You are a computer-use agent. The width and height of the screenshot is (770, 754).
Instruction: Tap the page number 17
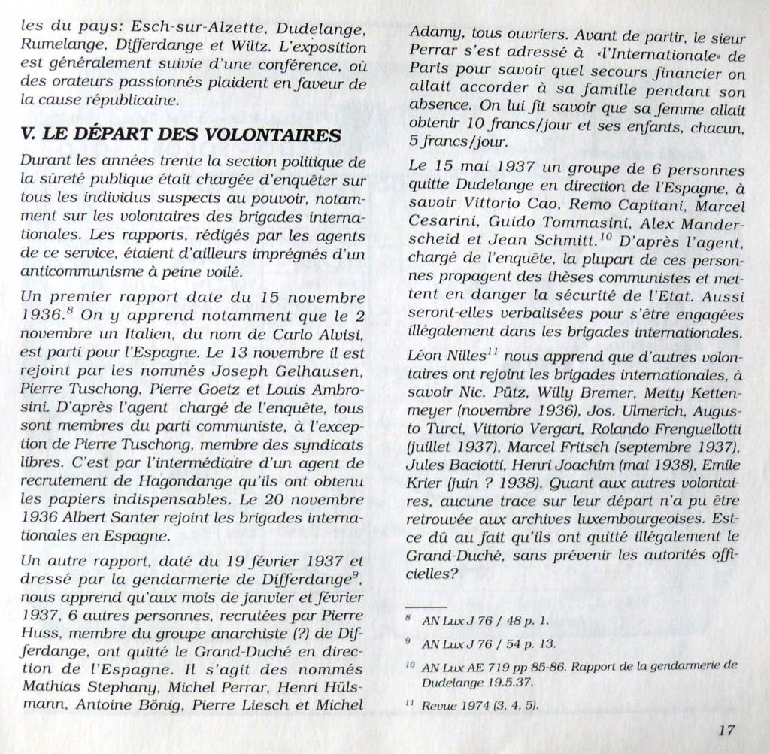click(x=726, y=729)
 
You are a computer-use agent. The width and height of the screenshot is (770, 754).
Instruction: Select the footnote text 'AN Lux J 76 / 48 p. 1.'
click(x=486, y=621)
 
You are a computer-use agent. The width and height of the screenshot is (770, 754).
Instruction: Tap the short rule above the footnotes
click(x=426, y=606)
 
